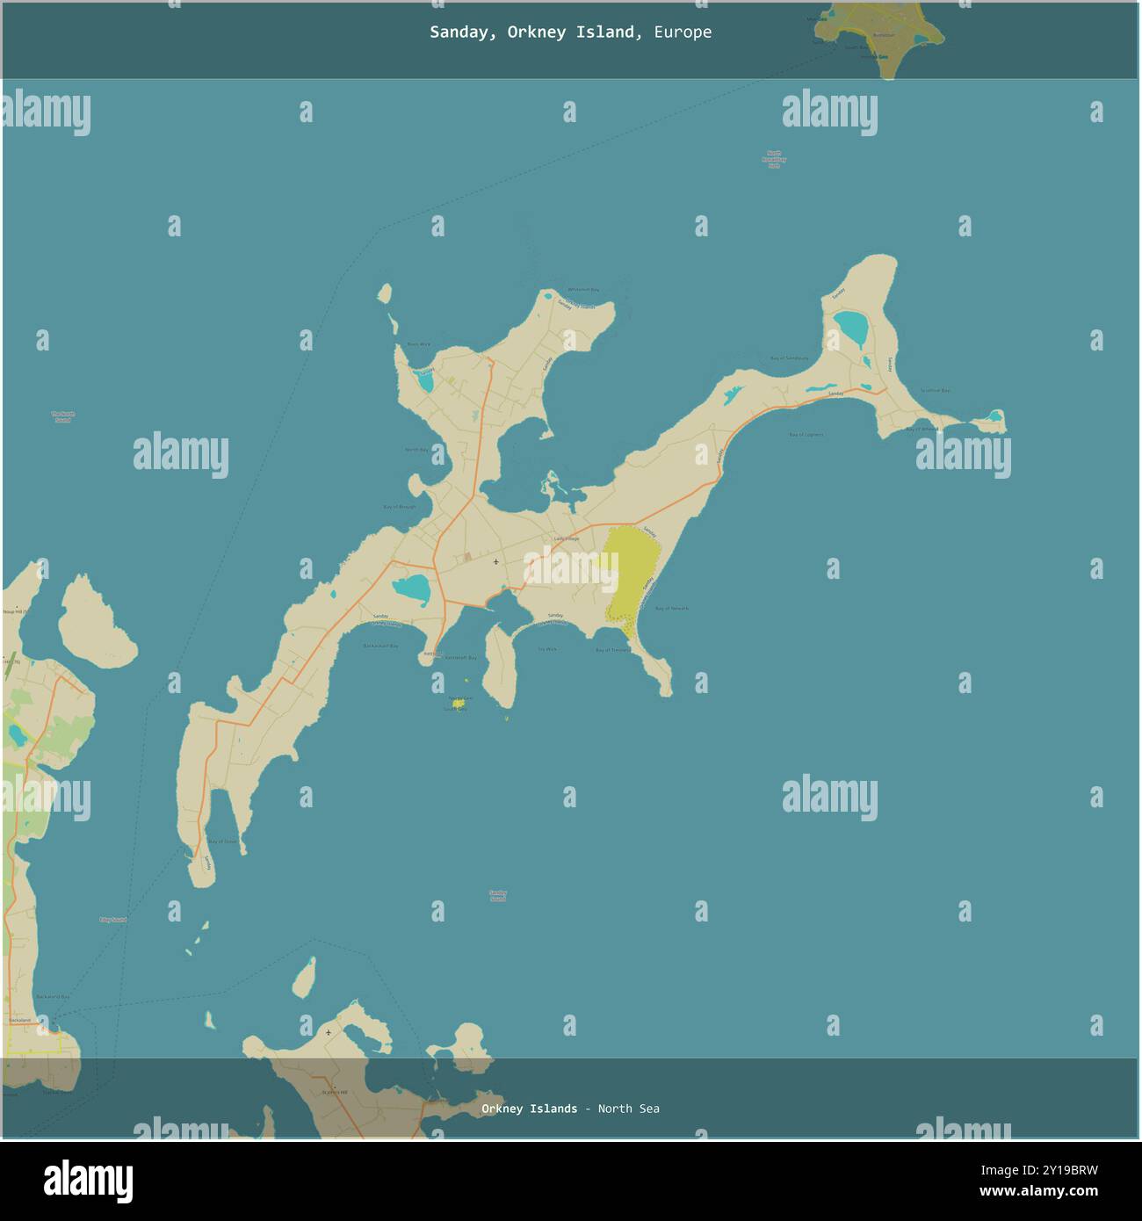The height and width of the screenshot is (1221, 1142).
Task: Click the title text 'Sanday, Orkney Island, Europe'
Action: pyautogui.click(x=570, y=33)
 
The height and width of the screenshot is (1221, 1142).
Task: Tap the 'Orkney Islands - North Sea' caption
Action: pyautogui.click(x=570, y=1109)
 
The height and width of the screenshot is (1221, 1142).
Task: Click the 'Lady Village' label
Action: pyautogui.click(x=567, y=538)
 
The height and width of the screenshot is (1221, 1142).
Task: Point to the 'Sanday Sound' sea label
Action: pyautogui.click(x=498, y=896)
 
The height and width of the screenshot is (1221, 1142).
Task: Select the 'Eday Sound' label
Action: pyautogui.click(x=112, y=920)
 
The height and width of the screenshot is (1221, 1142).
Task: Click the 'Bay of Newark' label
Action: pyautogui.click(x=672, y=608)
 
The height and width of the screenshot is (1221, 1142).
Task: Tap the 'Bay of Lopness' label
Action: pyautogui.click(x=806, y=435)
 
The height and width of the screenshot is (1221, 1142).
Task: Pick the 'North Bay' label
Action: pyautogui.click(x=416, y=450)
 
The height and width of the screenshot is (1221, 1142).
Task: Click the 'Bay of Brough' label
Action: pyautogui.click(x=400, y=507)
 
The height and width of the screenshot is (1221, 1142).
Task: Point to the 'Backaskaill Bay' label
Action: pyautogui.click(x=380, y=646)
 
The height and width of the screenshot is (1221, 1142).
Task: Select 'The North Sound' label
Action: pyautogui.click(x=63, y=417)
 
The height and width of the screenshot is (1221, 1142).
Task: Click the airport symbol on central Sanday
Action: pyautogui.click(x=496, y=561)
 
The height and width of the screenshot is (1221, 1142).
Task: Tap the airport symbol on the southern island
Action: pyautogui.click(x=329, y=1032)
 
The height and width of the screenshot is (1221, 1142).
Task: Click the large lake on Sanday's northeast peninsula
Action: pyautogui.click(x=850, y=329)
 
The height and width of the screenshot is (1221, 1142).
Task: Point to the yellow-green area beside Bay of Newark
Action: pyautogui.click(x=631, y=571)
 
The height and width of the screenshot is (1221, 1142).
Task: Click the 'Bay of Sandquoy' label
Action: pyautogui.click(x=789, y=358)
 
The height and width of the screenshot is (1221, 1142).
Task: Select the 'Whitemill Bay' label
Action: pyautogui.click(x=582, y=290)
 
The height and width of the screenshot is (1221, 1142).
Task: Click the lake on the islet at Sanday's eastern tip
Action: pyautogui.click(x=994, y=415)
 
